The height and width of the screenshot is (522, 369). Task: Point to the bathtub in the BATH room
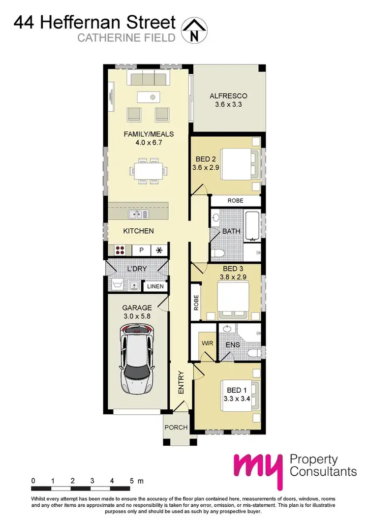point(252,226)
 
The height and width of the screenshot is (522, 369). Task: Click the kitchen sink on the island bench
point(136,215)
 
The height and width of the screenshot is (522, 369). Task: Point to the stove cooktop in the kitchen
point(121,250)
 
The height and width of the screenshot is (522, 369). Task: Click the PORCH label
point(176,427)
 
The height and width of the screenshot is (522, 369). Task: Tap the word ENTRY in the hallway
point(181,382)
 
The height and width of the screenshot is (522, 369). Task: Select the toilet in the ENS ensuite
point(252,352)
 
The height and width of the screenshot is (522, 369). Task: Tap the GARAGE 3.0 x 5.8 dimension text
point(136,312)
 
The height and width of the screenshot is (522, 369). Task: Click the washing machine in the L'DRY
point(117,284)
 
